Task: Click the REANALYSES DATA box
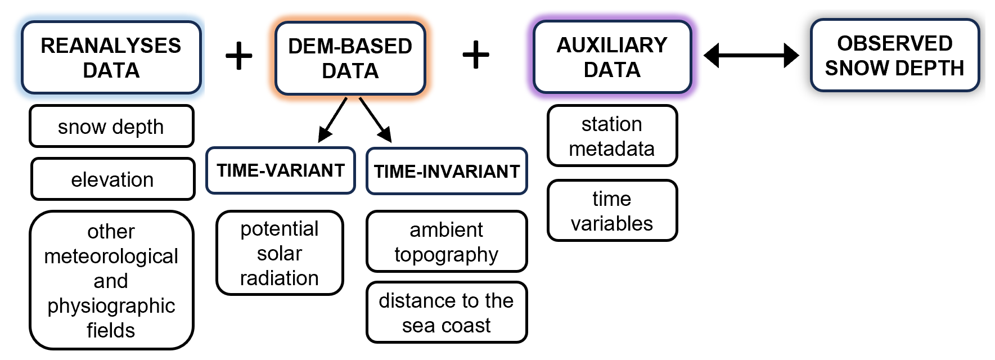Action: point(111,57)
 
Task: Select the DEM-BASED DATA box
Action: point(350,58)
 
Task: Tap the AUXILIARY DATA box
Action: point(612,57)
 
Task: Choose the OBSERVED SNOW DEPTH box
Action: point(894,55)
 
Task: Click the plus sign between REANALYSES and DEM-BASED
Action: point(238,55)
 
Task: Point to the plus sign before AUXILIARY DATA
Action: point(476,55)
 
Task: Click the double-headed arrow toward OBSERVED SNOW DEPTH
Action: point(751,55)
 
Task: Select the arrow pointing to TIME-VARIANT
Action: point(333,119)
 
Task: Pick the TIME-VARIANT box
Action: point(280,170)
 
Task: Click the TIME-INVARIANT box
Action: point(447,171)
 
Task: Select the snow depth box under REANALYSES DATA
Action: point(111,127)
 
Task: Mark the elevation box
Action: point(112,179)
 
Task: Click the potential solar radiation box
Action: point(280,253)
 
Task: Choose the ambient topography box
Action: point(447,242)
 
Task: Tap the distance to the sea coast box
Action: point(447,313)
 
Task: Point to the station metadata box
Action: point(612,136)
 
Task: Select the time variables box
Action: point(612,211)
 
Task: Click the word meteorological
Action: point(111,256)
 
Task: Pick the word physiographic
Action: point(111,305)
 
